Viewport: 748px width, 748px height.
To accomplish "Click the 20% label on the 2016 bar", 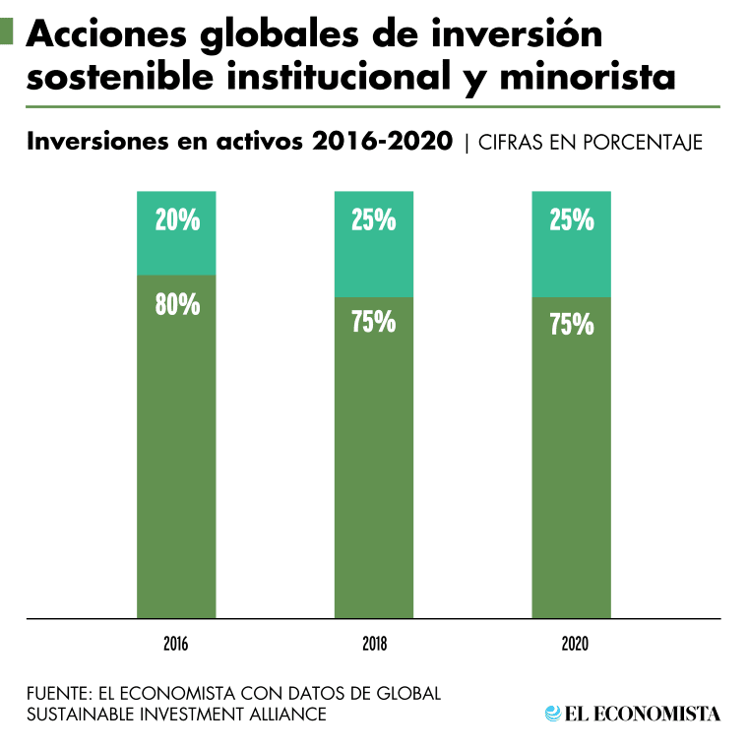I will point(177,220).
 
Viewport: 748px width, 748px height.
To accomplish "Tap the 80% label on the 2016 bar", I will point(177,304).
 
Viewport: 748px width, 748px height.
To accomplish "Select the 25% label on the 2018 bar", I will point(374,220).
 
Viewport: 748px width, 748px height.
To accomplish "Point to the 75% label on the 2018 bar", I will point(374,322).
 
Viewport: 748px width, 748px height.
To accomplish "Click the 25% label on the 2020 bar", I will point(571,220).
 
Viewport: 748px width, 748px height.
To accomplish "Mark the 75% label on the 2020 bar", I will point(571,325).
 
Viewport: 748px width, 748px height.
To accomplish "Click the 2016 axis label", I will point(177,646).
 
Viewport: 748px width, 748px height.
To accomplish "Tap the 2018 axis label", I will point(374,646).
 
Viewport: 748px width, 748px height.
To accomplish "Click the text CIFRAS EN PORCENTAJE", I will point(591,143).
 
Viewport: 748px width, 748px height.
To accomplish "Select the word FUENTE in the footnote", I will point(57,693).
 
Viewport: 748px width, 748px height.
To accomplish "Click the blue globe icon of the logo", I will point(552,714).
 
